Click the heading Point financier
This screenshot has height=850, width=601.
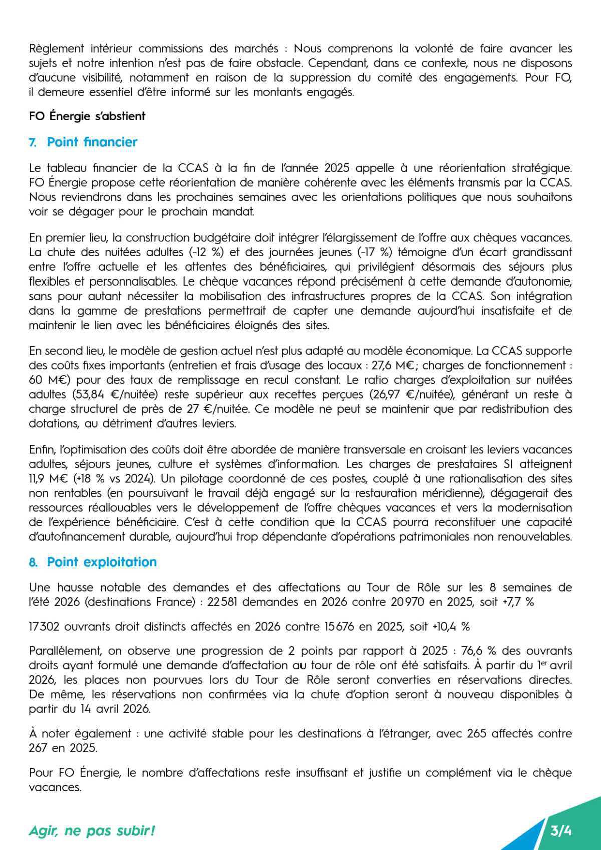pos(92,142)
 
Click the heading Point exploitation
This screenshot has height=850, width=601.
pos(102,562)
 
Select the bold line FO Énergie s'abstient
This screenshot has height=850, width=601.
pos(87,116)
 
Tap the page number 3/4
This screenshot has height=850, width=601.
pos(561,831)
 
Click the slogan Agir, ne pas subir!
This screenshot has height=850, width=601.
pos(92,831)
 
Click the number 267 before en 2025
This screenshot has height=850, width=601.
pos(38,748)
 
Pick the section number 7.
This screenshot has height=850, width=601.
pos(33,143)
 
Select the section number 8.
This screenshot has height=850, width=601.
pos(33,563)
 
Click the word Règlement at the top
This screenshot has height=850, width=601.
pos(56,49)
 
